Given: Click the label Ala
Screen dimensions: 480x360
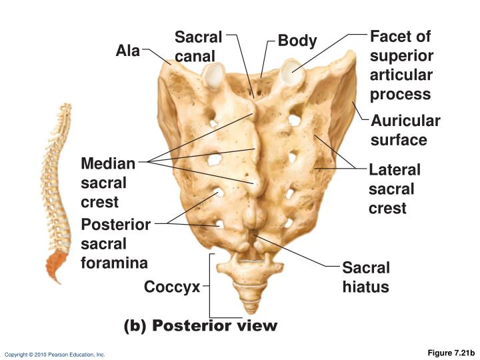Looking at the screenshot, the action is click(127, 51).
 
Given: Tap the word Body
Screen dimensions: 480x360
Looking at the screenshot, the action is click(297, 41).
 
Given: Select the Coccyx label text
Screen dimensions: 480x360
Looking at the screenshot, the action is click(172, 287).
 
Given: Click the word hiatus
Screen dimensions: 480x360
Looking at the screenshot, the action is click(365, 287).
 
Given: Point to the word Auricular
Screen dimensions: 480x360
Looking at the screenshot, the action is click(405, 121).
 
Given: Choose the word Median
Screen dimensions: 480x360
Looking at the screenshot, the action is click(108, 163).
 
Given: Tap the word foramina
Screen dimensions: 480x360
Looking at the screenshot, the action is click(114, 263).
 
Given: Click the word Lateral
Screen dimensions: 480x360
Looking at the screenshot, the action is click(395, 170).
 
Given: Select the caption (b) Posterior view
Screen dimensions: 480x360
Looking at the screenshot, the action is click(201, 325).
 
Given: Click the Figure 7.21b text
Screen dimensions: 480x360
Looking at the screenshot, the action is click(451, 353).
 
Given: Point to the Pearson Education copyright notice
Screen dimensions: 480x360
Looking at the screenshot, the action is click(55, 355).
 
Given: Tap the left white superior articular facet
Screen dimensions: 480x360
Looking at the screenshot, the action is click(214, 74).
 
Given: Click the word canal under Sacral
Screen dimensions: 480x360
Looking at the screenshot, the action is click(195, 56).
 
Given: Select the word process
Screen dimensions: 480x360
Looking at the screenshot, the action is click(400, 95).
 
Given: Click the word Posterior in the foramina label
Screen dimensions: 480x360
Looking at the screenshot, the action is click(116, 225).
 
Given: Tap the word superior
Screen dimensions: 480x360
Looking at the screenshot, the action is click(401, 56).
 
